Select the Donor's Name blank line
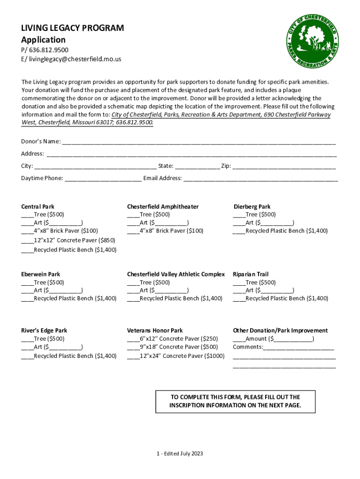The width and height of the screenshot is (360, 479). tap(199, 142)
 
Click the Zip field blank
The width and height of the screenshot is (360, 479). tap(284, 166)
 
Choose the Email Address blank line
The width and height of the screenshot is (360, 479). tap(260, 178)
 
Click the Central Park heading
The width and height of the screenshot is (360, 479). tap(37, 206)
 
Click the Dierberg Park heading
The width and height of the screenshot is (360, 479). tap(252, 206)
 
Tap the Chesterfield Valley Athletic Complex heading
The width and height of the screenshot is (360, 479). tap(176, 274)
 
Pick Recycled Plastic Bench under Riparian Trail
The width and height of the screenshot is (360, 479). tap(239, 298)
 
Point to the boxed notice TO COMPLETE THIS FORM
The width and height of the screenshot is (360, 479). tap(235, 401)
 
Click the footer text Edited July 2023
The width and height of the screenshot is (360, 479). tap(180, 453)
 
